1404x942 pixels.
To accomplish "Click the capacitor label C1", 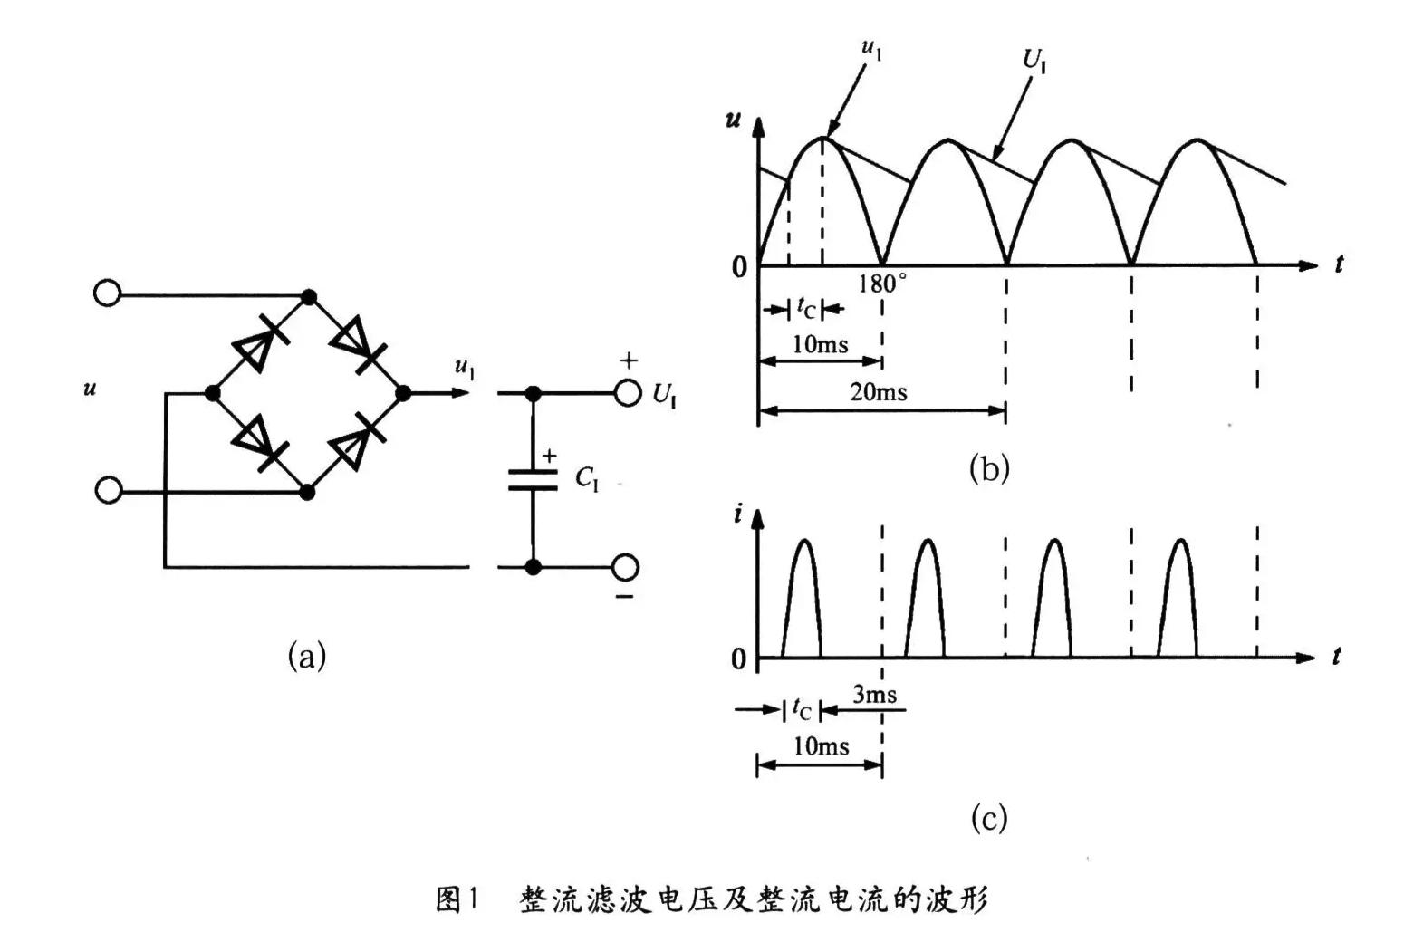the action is click(x=587, y=479).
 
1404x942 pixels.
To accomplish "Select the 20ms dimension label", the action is click(x=878, y=392).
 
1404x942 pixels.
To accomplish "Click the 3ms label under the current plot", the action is click(x=874, y=695).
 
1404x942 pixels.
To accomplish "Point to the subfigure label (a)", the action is click(x=306, y=656).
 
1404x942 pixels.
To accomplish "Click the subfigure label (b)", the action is click(x=989, y=468).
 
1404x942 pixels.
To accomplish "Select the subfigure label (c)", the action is click(x=989, y=818).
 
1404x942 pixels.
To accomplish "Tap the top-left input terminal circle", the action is click(x=107, y=293).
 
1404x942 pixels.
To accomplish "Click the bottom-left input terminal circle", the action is click(x=109, y=490).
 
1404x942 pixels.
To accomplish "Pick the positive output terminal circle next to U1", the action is click(x=628, y=393).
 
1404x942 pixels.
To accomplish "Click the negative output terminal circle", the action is click(x=625, y=567).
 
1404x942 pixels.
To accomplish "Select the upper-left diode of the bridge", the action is click(x=260, y=345).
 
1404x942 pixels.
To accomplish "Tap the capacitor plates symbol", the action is click(x=532, y=479).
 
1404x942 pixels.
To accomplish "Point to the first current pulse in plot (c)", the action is click(x=802, y=598).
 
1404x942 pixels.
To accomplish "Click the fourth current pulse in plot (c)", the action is click(x=1178, y=598).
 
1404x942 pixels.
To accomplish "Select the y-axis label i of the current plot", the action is click(x=737, y=514).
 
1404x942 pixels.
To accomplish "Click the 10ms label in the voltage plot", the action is click(x=820, y=345).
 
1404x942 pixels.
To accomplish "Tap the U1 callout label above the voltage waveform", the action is click(x=1034, y=61).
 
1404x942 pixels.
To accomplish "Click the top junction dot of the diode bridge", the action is click(x=309, y=296).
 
